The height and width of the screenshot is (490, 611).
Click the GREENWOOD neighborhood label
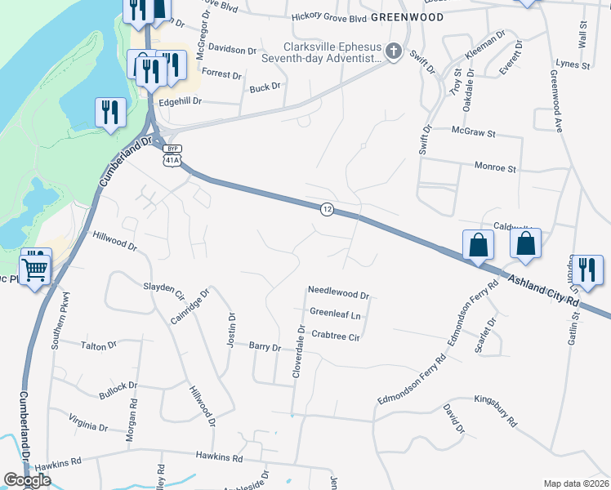click(407, 17)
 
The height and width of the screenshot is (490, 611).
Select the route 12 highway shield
click(327, 210)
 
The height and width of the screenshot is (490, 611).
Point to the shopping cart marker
click(36, 266)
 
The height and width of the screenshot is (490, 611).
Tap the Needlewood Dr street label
click(338, 292)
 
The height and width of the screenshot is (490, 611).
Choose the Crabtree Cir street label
click(336, 336)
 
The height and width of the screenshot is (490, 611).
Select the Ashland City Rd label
click(544, 291)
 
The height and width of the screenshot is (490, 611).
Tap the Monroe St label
click(496, 168)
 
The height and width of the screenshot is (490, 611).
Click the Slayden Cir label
click(166, 287)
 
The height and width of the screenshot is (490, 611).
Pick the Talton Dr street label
click(99, 346)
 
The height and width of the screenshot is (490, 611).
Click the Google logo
click(27, 480)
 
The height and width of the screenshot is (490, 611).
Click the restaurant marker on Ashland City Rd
click(588, 269)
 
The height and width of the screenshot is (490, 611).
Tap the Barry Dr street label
click(265, 347)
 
